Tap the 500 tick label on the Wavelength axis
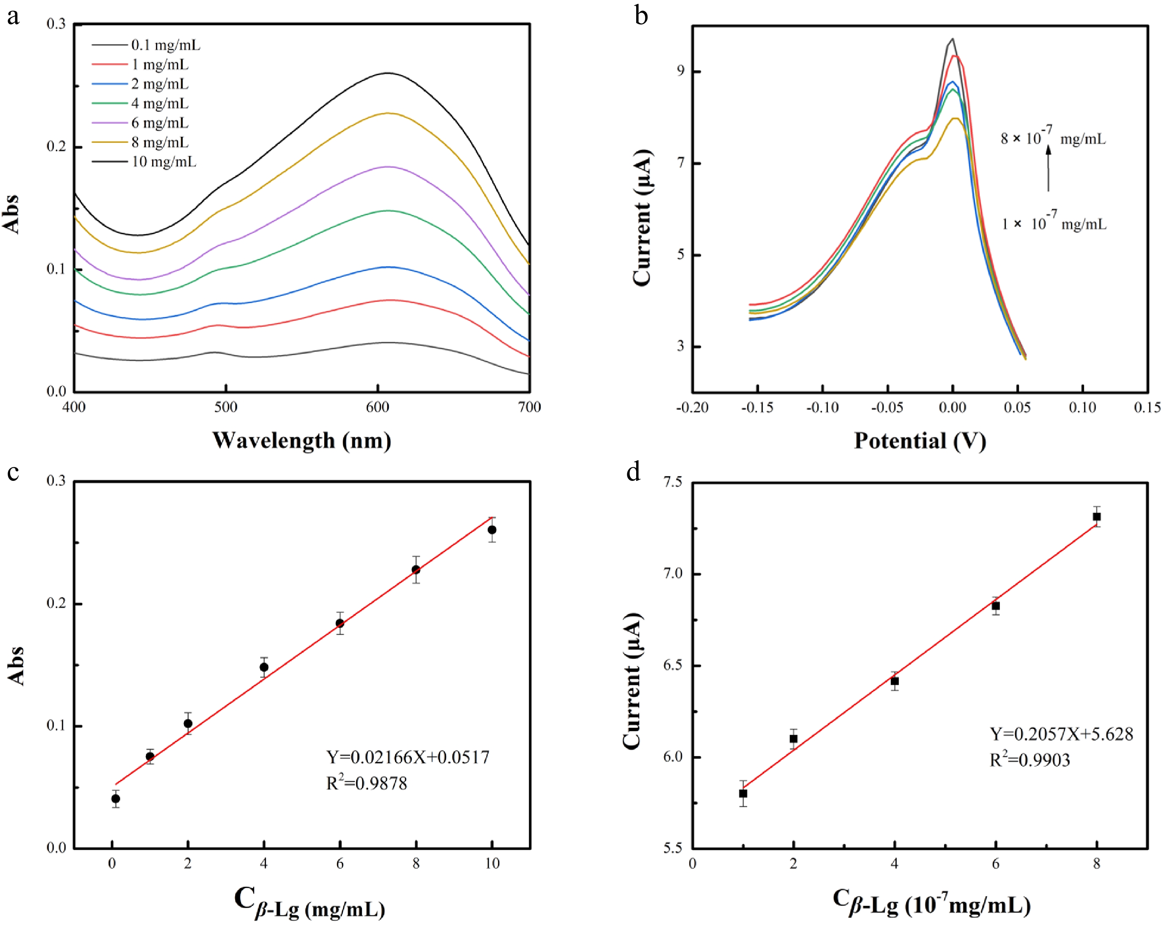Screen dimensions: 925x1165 tap(225, 407)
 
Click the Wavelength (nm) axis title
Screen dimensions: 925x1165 tap(301, 441)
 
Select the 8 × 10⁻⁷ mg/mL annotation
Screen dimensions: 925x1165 tap(1053, 138)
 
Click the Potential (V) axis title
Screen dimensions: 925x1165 tap(920, 441)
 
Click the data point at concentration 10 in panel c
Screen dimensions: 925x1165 tap(492, 530)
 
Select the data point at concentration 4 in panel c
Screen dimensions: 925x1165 tap(264, 667)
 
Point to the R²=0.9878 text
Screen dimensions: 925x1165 tap(366, 783)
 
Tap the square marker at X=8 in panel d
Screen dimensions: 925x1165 tap(1097, 517)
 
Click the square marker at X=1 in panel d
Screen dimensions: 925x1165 tap(743, 793)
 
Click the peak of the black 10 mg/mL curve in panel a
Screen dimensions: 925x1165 tap(388, 73)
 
